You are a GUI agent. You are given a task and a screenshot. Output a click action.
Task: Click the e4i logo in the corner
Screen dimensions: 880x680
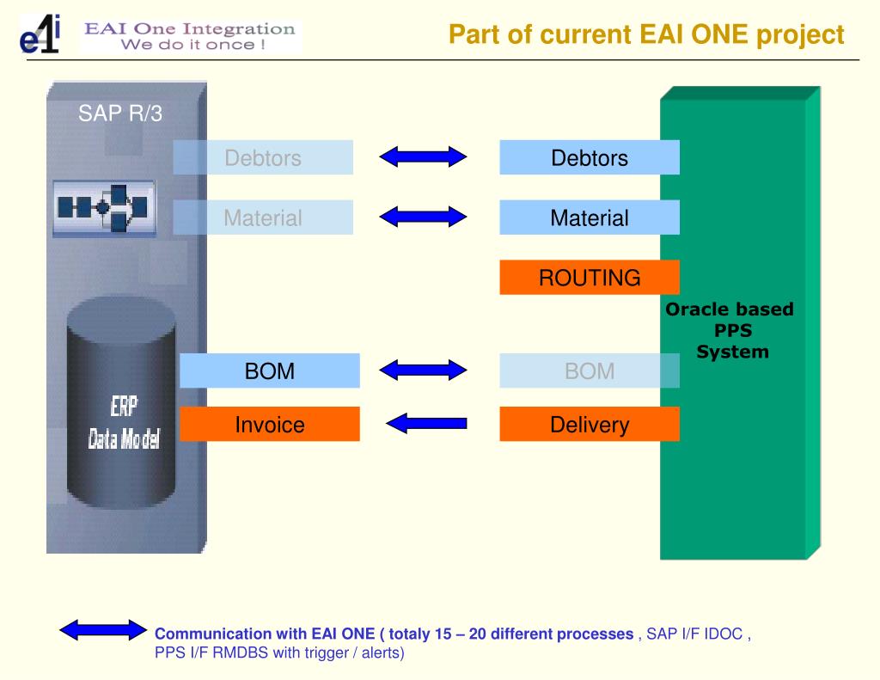(40, 34)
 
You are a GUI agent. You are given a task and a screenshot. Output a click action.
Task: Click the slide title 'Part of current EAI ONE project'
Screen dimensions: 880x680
(646, 34)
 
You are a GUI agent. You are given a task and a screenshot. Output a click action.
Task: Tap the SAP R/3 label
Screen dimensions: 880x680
(120, 113)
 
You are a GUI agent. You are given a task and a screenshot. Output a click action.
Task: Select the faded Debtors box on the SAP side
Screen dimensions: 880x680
(263, 157)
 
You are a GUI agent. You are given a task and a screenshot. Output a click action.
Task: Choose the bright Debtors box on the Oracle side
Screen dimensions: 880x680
(590, 157)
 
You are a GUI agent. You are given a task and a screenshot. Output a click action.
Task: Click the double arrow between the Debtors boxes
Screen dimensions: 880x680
(423, 156)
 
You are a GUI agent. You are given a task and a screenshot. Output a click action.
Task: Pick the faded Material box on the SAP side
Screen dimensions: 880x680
(263, 217)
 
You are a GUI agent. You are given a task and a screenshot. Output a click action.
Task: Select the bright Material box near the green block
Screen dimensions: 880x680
(590, 217)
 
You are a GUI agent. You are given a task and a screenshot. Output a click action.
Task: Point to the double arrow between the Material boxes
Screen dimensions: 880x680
(423, 216)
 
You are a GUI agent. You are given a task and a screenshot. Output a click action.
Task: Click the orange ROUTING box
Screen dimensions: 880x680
(590, 278)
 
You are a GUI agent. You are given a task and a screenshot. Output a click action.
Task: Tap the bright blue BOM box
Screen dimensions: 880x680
(269, 371)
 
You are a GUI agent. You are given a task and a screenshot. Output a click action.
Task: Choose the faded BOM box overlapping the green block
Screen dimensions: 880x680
(590, 371)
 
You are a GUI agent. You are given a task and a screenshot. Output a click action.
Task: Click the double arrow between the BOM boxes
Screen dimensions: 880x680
(423, 370)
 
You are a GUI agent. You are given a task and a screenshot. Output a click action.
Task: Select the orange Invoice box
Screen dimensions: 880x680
(269, 424)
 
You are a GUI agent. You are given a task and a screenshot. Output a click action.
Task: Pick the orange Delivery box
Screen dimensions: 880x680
(590, 424)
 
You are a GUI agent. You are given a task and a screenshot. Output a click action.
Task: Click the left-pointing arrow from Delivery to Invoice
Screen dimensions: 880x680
(426, 423)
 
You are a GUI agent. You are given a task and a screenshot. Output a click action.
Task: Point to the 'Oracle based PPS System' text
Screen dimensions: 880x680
(730, 330)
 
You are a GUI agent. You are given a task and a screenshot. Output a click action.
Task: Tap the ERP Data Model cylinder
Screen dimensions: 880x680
(121, 402)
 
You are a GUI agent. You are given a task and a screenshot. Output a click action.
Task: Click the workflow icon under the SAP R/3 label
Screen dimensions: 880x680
(104, 208)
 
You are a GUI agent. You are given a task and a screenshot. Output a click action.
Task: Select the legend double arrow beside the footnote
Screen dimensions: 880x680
(103, 630)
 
